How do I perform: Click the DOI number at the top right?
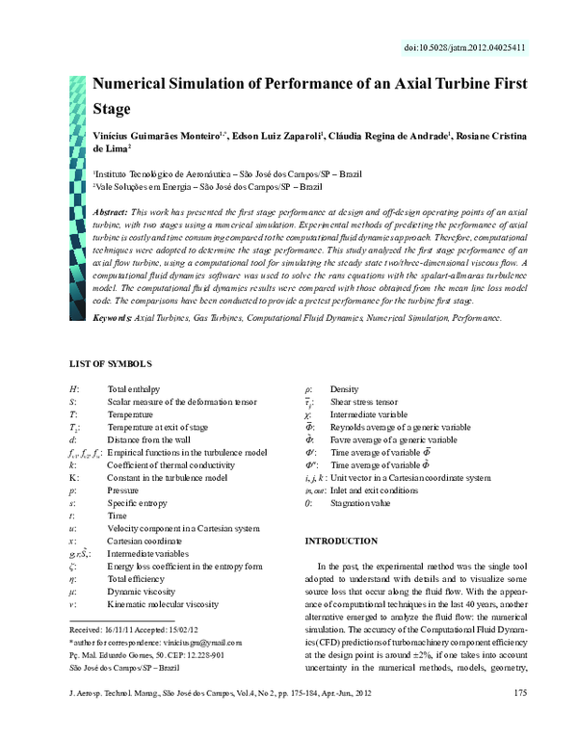coord(477,47)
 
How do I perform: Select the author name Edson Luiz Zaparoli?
coord(276,136)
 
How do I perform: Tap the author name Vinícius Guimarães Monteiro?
coord(156,136)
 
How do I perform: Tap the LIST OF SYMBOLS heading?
coord(111,363)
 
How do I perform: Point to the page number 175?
coord(520,719)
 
